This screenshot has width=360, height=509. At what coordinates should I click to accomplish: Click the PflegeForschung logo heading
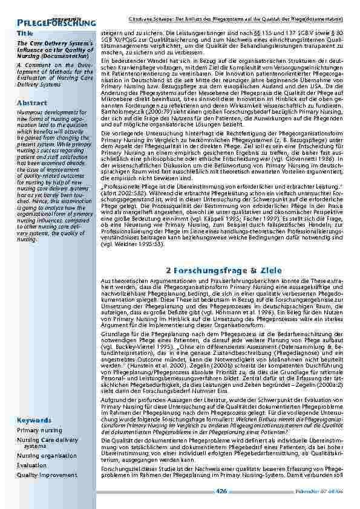tap(57, 23)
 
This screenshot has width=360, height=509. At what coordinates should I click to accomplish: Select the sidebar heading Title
tap(25, 32)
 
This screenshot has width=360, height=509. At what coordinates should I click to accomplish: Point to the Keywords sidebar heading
tap(34, 420)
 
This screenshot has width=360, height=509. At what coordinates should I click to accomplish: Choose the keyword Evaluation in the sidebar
tap(31, 465)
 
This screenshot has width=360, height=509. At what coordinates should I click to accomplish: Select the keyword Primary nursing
tap(39, 430)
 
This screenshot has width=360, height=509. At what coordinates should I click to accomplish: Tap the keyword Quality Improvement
tap(47, 475)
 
